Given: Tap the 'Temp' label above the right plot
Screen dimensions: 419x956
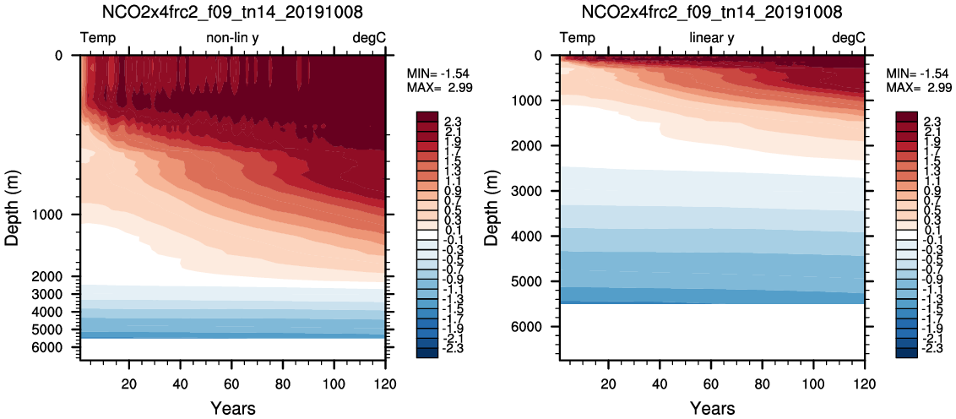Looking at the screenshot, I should (578, 38).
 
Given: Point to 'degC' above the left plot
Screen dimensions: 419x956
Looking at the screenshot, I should (369, 38).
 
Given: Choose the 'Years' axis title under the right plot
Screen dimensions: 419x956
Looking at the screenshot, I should (712, 409).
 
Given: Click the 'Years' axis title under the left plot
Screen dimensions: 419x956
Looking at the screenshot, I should (232, 409).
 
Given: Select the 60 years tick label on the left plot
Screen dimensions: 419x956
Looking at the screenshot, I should (231, 385).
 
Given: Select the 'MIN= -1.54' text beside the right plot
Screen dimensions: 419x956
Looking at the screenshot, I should (915, 74).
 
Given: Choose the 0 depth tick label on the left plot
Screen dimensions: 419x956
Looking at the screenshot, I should (59, 56).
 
